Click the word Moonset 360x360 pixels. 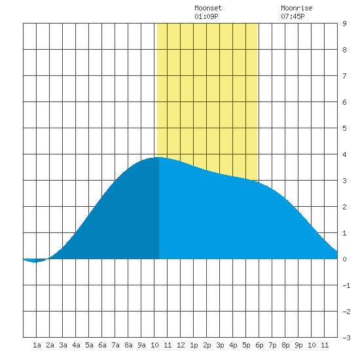[208, 8]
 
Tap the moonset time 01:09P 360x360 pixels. [206, 16]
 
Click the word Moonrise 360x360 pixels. [297, 8]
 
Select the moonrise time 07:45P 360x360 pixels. [293, 16]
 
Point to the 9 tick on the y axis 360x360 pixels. [344, 24]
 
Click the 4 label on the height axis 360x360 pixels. [344, 154]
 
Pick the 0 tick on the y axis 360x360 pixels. [344, 259]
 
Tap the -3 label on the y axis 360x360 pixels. [346, 338]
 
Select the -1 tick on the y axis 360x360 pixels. [346, 285]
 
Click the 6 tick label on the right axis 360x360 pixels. [344, 102]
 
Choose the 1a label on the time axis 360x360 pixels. [37, 345]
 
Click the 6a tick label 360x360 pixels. [102, 345]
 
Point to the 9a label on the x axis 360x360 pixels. [141, 345]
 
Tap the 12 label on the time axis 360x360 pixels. [181, 345]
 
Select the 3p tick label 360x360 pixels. [220, 345]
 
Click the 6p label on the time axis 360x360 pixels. [259, 345]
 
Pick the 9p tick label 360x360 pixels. [298, 345]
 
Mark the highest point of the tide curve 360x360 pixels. [159, 157]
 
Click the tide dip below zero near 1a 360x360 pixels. [35, 262]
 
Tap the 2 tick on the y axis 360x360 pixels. [344, 207]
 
